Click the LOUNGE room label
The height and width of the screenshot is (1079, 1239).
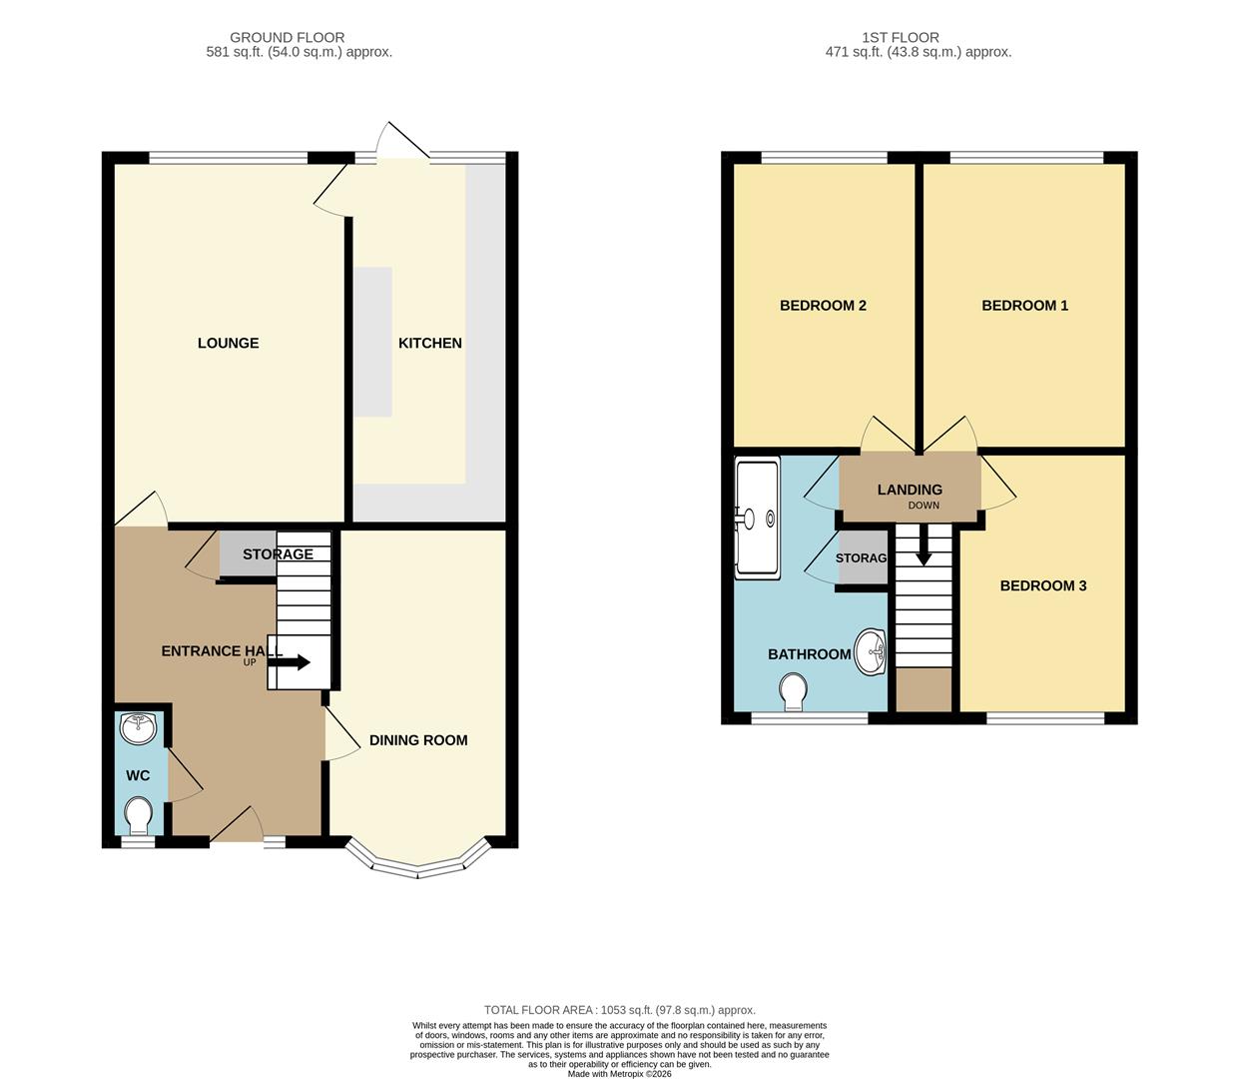pyautogui.click(x=228, y=343)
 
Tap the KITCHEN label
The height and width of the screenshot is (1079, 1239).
pyautogui.click(x=429, y=343)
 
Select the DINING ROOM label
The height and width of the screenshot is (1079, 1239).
pyautogui.click(x=418, y=740)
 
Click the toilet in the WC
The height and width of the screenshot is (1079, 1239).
pyautogui.click(x=139, y=815)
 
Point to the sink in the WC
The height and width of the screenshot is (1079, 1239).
pyautogui.click(x=137, y=728)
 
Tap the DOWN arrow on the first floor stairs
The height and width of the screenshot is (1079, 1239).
pyautogui.click(x=924, y=548)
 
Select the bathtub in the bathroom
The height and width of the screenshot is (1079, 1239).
pyautogui.click(x=757, y=518)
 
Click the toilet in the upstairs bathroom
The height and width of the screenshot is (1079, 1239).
pyautogui.click(x=794, y=690)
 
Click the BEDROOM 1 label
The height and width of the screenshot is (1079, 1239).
pyautogui.click(x=1024, y=306)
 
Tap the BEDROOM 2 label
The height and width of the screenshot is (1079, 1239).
pyautogui.click(x=823, y=306)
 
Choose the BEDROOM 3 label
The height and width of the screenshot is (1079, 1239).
pyautogui.click(x=1043, y=585)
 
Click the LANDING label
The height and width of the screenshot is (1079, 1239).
pyautogui.click(x=910, y=490)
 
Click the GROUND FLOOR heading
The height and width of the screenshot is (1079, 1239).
pyautogui.click(x=287, y=38)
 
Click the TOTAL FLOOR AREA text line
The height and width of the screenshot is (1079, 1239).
pyautogui.click(x=619, y=1010)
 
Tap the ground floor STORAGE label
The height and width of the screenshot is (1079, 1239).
pyautogui.click(x=278, y=554)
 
